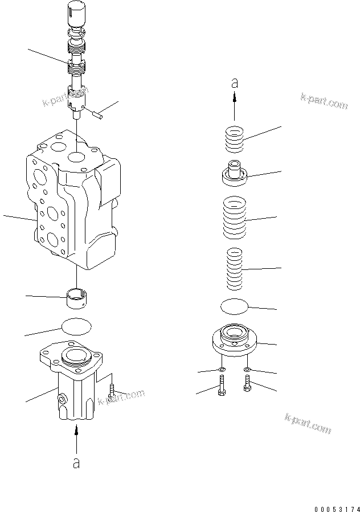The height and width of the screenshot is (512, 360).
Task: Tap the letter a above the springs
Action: pyautogui.click(x=234, y=83)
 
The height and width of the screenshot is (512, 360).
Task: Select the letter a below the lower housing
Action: pyautogui.click(x=76, y=463)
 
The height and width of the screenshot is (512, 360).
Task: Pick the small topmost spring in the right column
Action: pyautogui.click(x=234, y=140)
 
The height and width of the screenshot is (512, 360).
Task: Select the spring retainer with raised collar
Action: pyautogui.click(x=234, y=173)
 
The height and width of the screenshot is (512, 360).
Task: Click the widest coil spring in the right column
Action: pyautogui.click(x=235, y=218)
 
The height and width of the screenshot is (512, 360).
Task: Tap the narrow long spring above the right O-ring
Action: pyautogui.click(x=235, y=268)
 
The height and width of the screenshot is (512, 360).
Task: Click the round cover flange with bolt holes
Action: pyautogui.click(x=235, y=340)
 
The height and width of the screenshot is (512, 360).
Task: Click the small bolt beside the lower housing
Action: pyautogui.click(x=112, y=391)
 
